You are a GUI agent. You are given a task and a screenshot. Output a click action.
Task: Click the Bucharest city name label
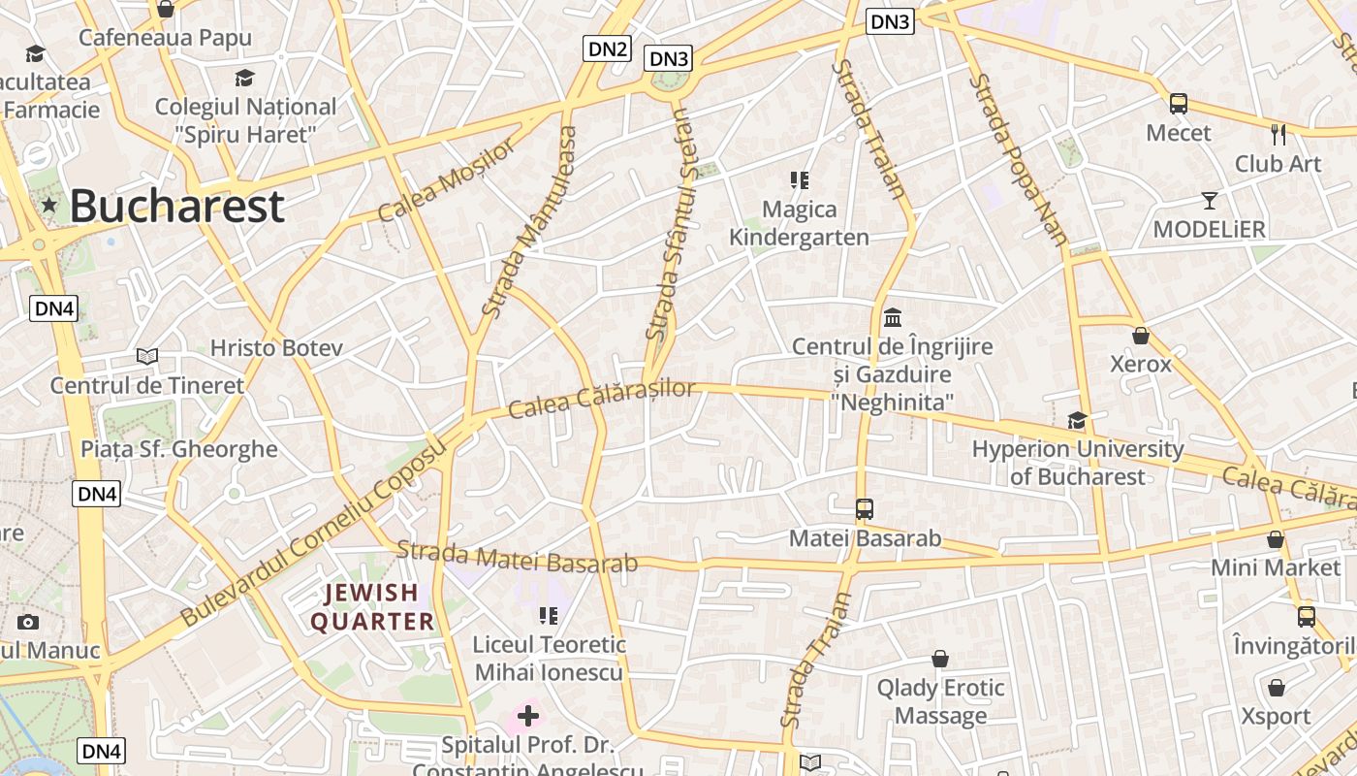(176, 206)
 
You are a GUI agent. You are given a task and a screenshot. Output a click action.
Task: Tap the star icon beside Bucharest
(49, 205)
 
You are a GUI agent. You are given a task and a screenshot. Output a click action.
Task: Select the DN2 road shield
(607, 48)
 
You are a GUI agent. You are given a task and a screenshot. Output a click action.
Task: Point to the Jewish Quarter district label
(372, 607)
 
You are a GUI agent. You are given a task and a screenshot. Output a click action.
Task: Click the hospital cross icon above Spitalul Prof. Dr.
(528, 717)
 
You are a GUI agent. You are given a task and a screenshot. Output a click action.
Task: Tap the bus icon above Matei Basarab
(864, 508)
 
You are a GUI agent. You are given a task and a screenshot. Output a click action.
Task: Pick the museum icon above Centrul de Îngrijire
(893, 317)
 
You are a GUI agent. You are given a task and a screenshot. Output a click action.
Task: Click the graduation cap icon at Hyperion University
(1077, 420)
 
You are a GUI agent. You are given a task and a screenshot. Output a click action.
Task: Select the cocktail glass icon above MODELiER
(1209, 201)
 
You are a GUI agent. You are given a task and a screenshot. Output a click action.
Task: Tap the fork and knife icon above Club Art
(1278, 134)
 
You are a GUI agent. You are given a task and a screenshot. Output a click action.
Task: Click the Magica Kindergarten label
(799, 223)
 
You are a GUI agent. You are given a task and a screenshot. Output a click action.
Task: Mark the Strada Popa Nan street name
(1019, 159)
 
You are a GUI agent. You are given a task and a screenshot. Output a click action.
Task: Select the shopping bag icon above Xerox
(1141, 336)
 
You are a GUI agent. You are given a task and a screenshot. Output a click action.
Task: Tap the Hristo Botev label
(276, 347)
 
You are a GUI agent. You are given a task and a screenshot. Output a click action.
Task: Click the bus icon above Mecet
(1179, 103)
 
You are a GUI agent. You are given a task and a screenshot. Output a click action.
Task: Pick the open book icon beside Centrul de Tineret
(147, 356)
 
